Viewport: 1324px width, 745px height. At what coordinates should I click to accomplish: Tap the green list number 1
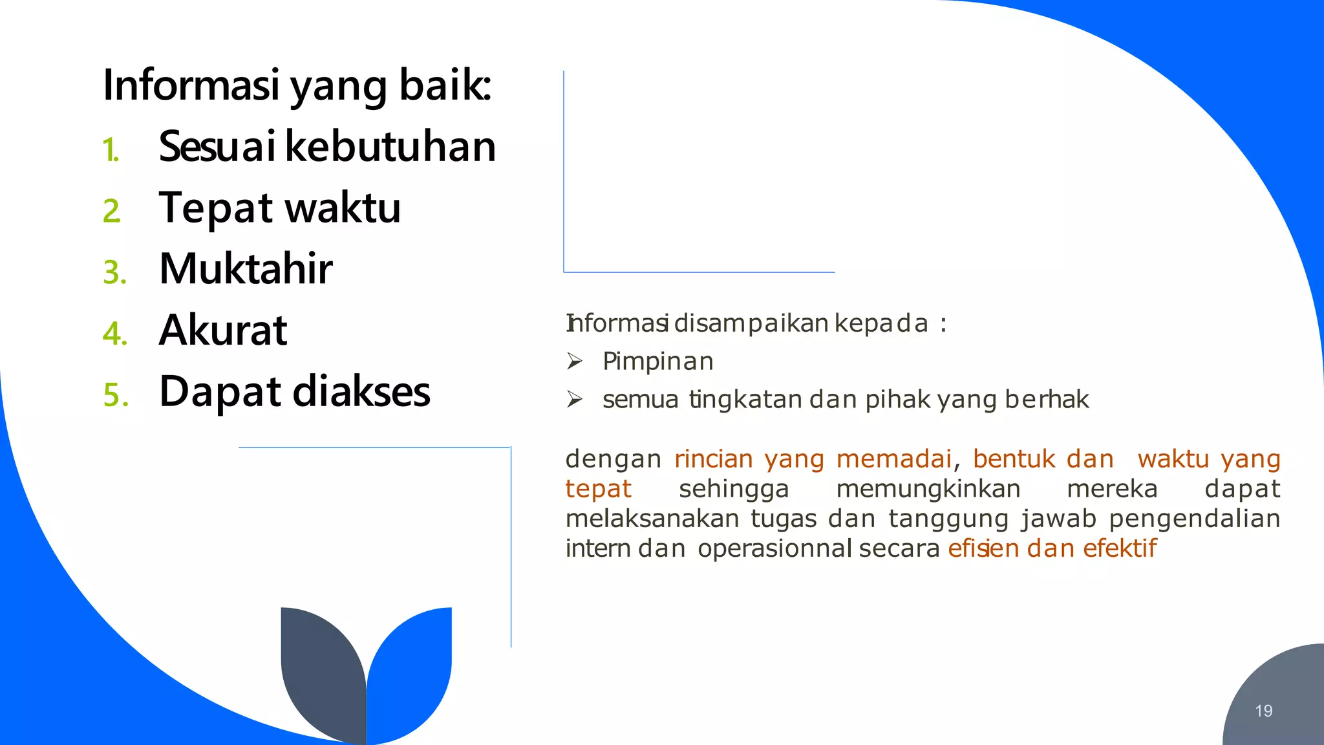[111, 150]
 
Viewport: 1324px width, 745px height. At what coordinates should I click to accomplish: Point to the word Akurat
[223, 330]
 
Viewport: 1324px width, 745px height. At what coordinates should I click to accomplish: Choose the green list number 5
[116, 395]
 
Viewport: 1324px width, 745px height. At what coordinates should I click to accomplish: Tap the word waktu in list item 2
[343, 208]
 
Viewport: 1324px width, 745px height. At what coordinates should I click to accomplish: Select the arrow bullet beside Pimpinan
[575, 361]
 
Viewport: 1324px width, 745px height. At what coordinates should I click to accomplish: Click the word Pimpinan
[657, 361]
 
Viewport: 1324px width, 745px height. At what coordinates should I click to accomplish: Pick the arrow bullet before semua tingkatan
[575, 399]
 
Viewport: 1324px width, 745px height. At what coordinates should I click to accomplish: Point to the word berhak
[1047, 399]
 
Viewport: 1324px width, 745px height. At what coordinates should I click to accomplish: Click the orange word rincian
[713, 459]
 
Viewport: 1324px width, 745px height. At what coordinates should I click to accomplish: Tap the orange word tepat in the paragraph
[598, 488]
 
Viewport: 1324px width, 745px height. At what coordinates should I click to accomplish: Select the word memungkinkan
[928, 488]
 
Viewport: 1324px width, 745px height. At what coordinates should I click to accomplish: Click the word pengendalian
[1194, 518]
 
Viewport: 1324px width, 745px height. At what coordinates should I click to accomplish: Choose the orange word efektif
[1120, 548]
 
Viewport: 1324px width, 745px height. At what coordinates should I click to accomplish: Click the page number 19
[1263, 711]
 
